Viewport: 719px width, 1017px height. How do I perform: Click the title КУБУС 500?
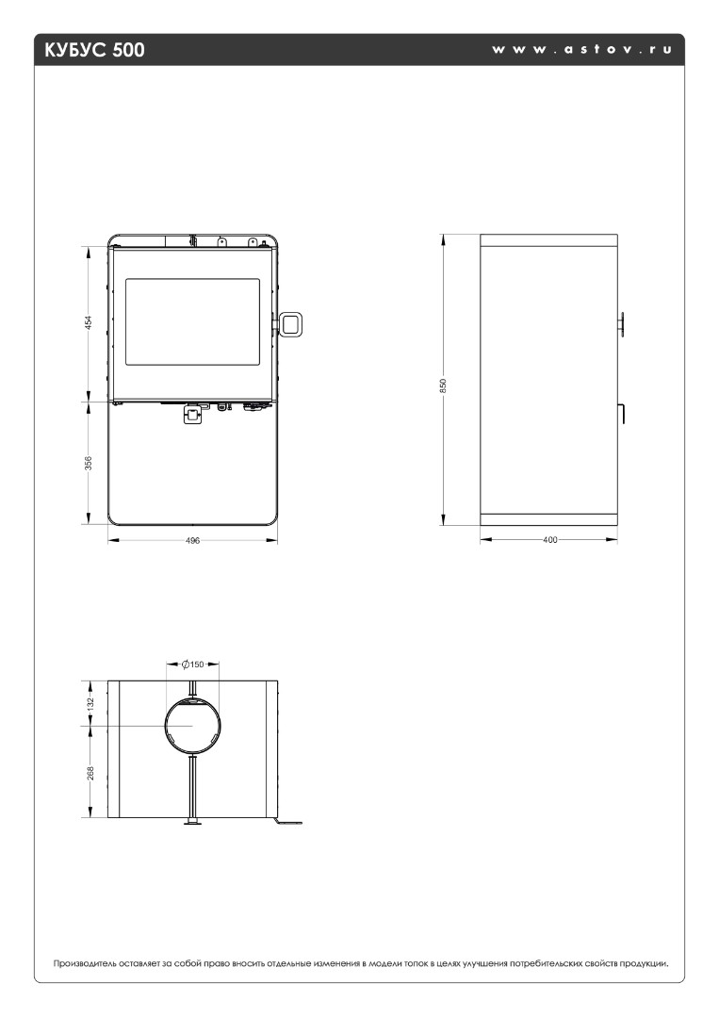point(94,50)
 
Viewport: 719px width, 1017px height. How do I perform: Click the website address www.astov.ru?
point(581,49)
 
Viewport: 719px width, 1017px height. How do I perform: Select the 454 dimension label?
point(89,322)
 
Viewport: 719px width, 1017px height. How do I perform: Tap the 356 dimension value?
point(89,463)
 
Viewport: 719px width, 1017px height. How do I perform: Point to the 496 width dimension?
point(192,540)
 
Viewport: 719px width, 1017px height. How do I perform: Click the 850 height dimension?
point(444,385)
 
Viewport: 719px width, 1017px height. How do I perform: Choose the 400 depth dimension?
point(549,540)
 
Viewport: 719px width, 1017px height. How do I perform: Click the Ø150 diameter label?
point(192,664)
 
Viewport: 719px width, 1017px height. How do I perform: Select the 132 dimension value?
point(90,702)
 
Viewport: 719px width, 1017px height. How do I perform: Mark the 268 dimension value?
point(90,773)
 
